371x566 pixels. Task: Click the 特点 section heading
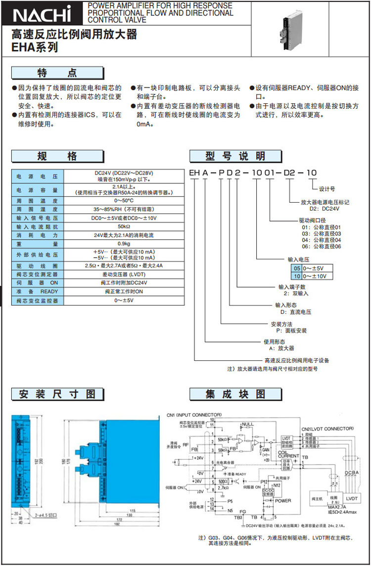(x=58, y=73)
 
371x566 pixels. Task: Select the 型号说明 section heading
(x=235, y=157)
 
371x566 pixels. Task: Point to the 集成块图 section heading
(x=235, y=394)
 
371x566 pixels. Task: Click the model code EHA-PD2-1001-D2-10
(x=250, y=173)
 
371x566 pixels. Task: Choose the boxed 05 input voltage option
(x=297, y=267)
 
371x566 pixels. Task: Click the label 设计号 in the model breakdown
(x=327, y=188)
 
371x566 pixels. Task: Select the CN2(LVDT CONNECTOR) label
(x=328, y=428)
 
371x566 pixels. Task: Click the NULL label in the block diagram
(x=247, y=425)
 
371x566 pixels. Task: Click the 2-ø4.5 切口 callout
(x=46, y=515)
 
